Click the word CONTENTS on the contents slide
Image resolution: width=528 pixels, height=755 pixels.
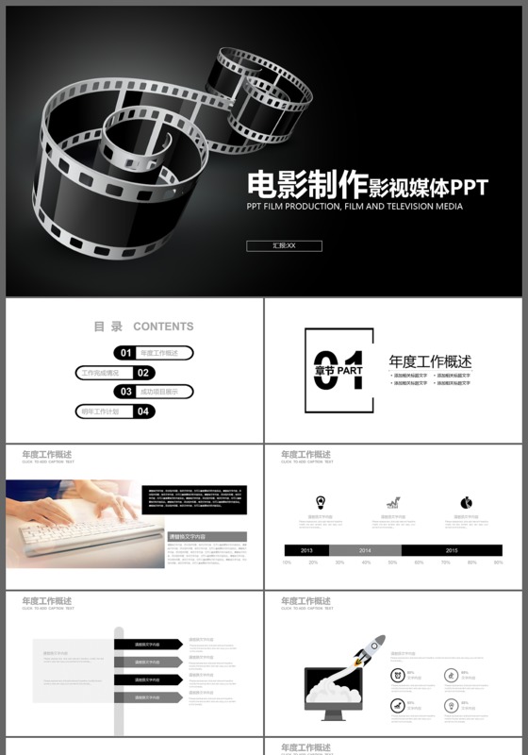[x=163, y=327]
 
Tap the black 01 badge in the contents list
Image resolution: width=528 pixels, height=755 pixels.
[x=124, y=353]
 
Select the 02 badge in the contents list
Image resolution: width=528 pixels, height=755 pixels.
[x=142, y=373]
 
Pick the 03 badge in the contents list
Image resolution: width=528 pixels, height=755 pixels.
[x=124, y=392]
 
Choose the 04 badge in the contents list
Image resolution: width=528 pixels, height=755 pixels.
[x=143, y=411]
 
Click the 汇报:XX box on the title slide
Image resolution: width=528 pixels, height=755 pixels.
[x=284, y=246]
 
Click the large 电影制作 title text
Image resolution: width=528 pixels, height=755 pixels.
[x=305, y=183]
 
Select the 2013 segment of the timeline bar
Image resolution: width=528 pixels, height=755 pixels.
[x=306, y=550]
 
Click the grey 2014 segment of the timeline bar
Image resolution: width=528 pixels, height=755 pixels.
[x=365, y=550]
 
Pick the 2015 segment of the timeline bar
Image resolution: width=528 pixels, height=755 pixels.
[x=452, y=550]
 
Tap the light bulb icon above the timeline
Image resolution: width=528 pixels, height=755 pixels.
[x=321, y=502]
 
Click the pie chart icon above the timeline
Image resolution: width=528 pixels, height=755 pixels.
[x=466, y=502]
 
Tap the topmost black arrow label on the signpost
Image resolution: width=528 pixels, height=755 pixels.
[x=148, y=645]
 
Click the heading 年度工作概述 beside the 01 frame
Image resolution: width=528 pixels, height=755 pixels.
[x=430, y=361]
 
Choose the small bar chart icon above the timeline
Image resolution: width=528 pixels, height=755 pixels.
[x=392, y=502]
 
